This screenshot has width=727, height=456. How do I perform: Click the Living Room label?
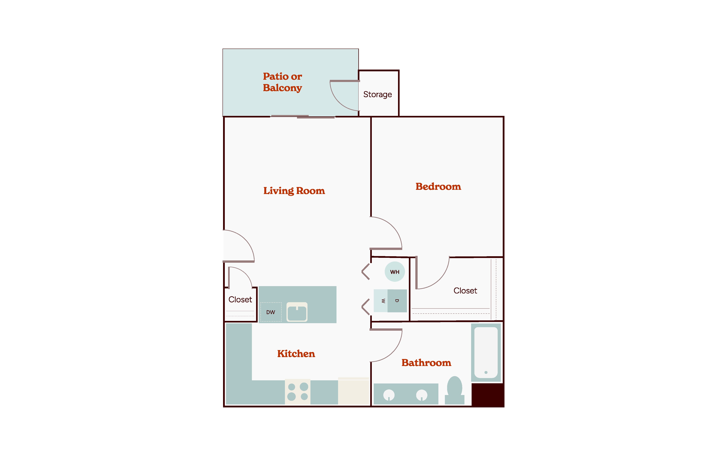294,191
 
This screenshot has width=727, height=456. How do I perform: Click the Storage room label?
378,94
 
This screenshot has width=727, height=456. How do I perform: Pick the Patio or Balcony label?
282,82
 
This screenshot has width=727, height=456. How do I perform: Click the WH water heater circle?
395,272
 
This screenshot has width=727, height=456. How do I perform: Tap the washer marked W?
381,301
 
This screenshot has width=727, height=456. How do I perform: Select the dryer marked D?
397,301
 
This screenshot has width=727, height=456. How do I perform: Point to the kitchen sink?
297,312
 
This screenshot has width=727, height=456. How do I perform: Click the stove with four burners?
298,392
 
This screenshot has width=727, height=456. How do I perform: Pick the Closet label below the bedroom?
465,291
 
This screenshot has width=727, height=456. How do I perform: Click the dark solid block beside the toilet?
488,395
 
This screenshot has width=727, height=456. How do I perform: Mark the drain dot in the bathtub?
486,372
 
